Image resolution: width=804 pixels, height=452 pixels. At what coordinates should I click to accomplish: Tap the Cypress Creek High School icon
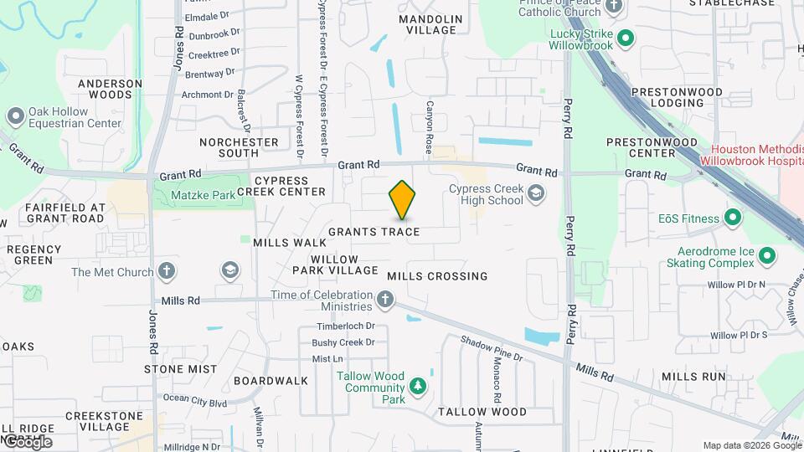[535, 195]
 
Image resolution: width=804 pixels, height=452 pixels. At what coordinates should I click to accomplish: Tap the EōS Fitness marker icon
[733, 218]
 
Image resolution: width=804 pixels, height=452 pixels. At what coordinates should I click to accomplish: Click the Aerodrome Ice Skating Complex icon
[767, 257]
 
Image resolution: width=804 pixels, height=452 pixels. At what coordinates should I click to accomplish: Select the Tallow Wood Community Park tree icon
[417, 386]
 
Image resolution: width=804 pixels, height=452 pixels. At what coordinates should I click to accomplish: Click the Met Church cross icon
[167, 271]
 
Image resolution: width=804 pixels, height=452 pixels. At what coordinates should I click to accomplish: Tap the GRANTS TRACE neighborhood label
[374, 232]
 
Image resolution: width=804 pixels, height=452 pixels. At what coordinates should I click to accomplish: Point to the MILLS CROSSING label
[437, 276]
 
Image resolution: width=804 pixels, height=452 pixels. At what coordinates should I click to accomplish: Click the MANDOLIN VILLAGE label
[430, 24]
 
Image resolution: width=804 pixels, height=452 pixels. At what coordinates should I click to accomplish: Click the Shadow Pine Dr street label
[491, 348]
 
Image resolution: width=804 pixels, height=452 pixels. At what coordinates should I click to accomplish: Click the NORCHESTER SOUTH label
[239, 147]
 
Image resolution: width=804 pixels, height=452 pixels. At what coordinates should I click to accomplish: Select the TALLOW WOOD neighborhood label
[482, 412]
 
